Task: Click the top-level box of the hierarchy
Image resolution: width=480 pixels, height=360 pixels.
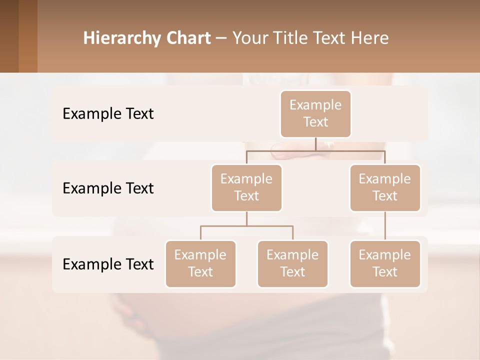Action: (x=315, y=113)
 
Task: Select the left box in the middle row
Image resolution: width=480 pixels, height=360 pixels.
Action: (x=246, y=187)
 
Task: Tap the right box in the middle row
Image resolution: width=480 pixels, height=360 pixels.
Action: (x=385, y=187)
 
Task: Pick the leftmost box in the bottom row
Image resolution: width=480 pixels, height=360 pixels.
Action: (x=200, y=263)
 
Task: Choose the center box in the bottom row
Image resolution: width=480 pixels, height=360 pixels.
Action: (x=292, y=263)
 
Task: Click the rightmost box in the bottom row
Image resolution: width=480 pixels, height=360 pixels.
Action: (x=385, y=263)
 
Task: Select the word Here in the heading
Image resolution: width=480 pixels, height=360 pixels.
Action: (x=370, y=38)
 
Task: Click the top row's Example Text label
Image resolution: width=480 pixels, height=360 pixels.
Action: (x=108, y=114)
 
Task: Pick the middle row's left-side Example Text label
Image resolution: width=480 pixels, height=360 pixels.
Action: (x=108, y=188)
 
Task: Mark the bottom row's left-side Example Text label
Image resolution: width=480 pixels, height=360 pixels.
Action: (x=108, y=264)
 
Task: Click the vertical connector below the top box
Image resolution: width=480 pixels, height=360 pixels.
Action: (x=315, y=144)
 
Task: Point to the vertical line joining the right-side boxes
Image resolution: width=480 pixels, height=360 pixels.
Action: (x=385, y=226)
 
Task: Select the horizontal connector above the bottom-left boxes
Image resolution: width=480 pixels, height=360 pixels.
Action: (x=246, y=226)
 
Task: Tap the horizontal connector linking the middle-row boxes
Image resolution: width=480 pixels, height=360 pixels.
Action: (x=315, y=150)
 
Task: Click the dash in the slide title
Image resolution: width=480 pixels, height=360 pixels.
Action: (x=221, y=38)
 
